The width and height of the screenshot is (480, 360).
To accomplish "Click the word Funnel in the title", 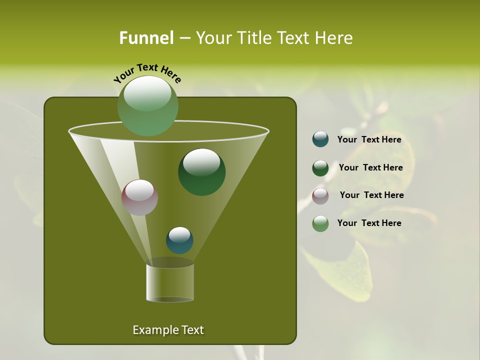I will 146,37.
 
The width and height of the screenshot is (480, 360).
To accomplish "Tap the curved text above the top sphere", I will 147,72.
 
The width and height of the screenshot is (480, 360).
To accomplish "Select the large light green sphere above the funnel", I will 147,106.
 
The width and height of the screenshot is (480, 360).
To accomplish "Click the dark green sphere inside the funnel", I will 201,172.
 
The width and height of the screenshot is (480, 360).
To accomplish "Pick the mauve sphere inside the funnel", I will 139,197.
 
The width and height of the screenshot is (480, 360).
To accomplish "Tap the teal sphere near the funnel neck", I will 179,240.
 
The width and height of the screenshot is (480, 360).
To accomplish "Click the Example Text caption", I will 168,330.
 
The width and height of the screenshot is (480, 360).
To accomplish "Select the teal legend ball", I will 320,139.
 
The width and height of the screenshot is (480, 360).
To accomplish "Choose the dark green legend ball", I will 320,168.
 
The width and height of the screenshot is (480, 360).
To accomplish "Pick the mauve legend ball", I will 320,196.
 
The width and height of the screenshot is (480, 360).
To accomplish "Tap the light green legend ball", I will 320,223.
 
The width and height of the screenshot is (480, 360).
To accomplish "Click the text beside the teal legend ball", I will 369,139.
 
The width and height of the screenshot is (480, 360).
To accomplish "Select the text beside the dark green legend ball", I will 370,167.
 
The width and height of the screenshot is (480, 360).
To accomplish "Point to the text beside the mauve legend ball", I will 371,195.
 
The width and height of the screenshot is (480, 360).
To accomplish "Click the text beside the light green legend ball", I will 369,223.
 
